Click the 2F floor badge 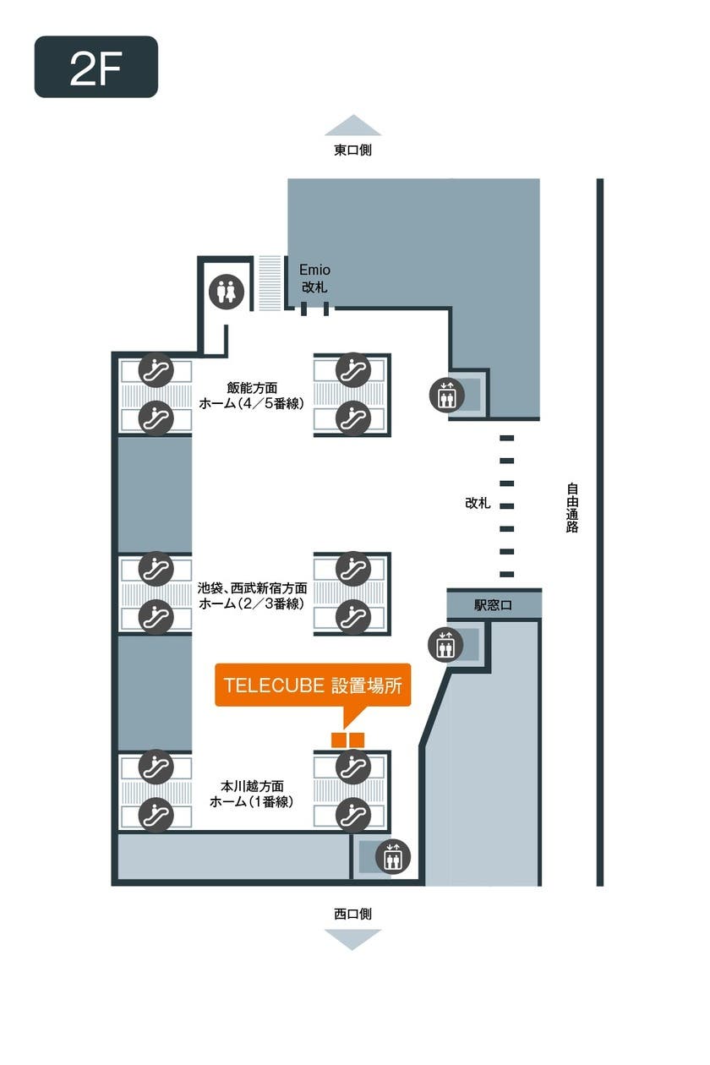click(x=96, y=67)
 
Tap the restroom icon click(x=227, y=292)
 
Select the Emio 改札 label click(x=315, y=278)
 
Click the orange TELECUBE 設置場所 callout click(x=313, y=686)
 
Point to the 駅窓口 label click(x=493, y=605)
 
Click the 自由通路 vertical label click(x=573, y=507)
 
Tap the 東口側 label click(x=352, y=150)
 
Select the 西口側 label click(x=352, y=914)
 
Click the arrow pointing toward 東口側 click(x=352, y=125)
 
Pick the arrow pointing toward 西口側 click(x=352, y=939)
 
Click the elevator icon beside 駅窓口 click(x=445, y=645)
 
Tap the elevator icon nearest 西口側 click(x=392, y=857)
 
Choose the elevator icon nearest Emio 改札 click(x=445, y=395)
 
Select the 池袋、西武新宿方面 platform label click(x=252, y=595)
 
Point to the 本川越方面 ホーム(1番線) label click(x=252, y=794)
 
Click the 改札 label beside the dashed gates click(x=478, y=503)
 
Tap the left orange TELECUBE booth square click(x=340, y=740)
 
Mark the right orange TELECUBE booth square click(x=357, y=740)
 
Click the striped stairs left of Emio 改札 click(x=270, y=284)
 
